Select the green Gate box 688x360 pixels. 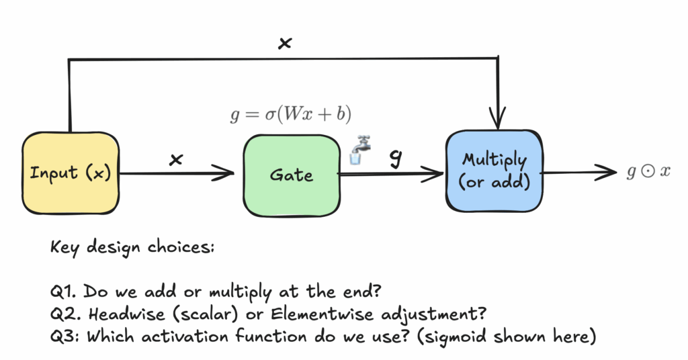coord(291,174)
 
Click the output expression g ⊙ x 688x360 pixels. coord(648,171)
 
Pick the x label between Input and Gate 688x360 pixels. coord(177,159)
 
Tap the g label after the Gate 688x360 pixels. coord(396,158)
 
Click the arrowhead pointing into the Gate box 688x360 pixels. coord(228,174)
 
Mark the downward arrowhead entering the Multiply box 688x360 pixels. coord(498,122)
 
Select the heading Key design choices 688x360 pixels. coord(132,247)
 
